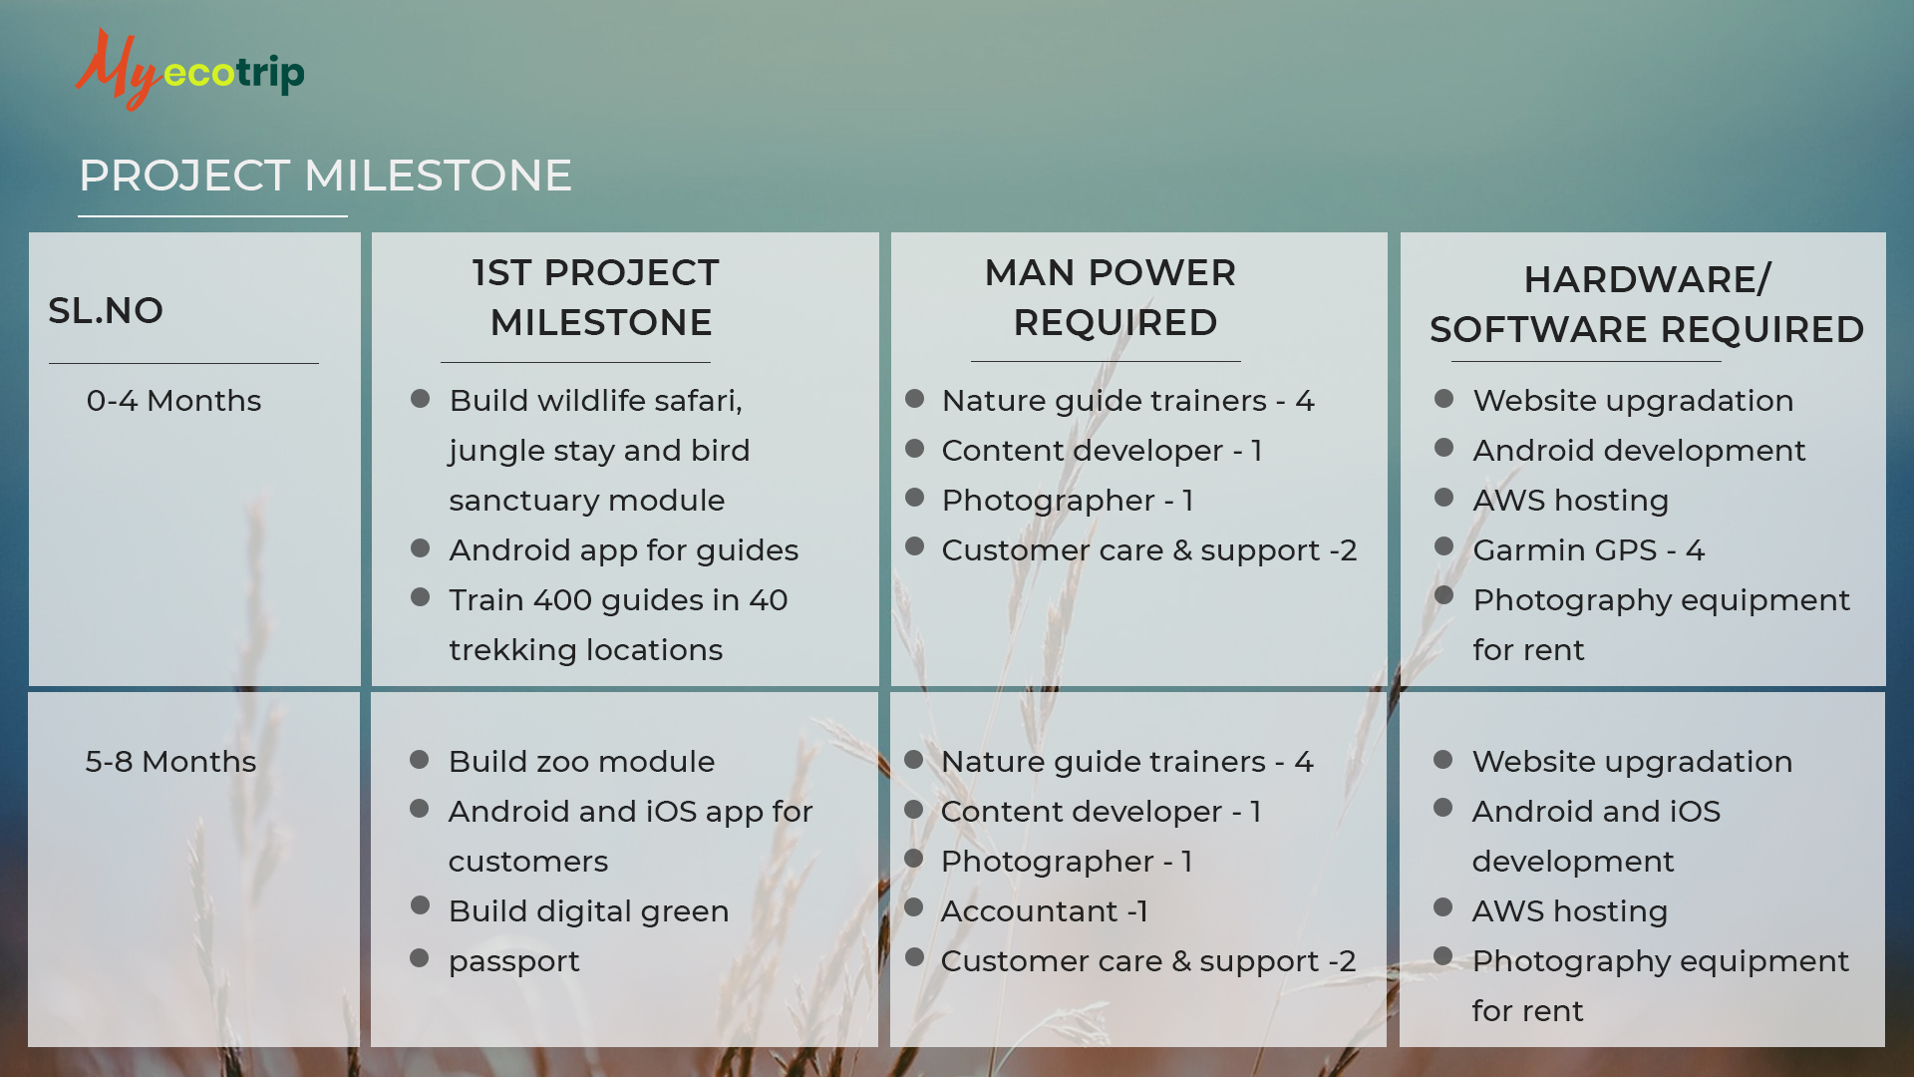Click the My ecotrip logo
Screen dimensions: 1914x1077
tap(189, 69)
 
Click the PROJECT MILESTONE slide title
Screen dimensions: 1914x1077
tap(325, 176)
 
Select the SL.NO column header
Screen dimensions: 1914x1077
tap(106, 310)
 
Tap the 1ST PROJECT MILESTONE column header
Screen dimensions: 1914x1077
tap(597, 297)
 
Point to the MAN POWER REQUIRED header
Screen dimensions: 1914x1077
tap(1112, 297)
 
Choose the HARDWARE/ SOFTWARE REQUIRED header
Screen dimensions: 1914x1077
tap(1647, 304)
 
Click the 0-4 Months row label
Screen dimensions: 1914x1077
tap(173, 401)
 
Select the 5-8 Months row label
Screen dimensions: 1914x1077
tap(170, 762)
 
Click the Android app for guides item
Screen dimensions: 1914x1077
tap(624, 550)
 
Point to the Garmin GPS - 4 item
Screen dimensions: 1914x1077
tap(1589, 550)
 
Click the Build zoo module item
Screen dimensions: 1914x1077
tap(581, 762)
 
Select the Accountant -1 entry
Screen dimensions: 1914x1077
tap(1045, 911)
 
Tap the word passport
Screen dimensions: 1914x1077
tap(514, 962)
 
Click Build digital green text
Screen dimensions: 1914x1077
tap(589, 911)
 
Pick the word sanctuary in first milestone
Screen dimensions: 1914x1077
tap(523, 502)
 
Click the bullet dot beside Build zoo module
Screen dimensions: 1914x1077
tap(420, 760)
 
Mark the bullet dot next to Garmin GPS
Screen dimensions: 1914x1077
tap(1443, 546)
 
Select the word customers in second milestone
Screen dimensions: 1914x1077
tap(528, 862)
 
